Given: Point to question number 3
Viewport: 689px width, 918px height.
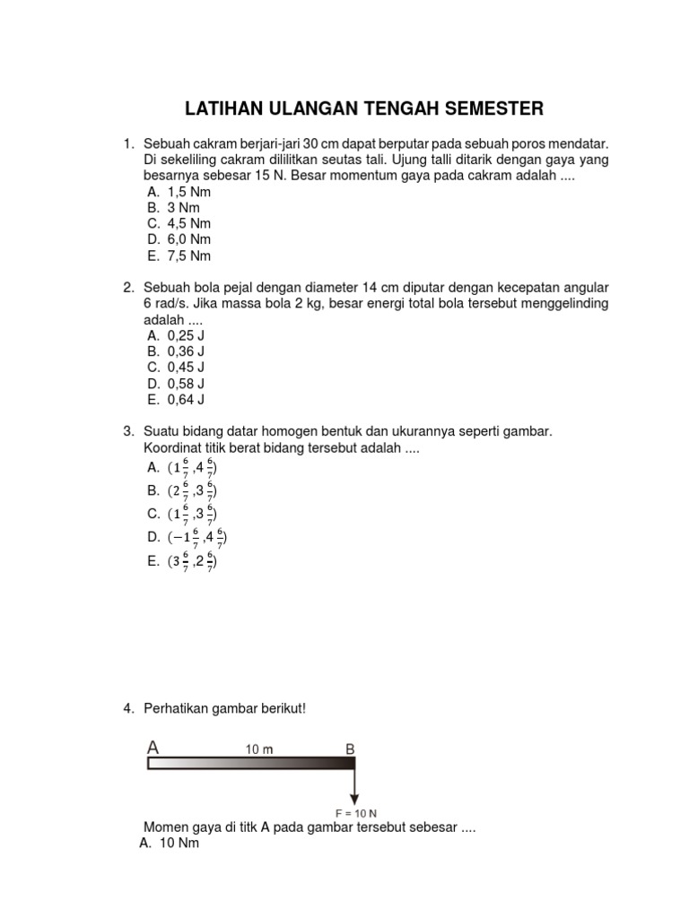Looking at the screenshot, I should pyautogui.click(x=128, y=432).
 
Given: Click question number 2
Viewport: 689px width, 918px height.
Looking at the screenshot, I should pyautogui.click(x=128, y=288).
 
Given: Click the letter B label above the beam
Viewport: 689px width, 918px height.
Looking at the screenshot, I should pyautogui.click(x=349, y=748).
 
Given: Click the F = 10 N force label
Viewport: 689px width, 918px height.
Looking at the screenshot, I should pyautogui.click(x=355, y=813).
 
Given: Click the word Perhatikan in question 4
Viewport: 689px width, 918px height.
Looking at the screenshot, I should pyautogui.click(x=178, y=709).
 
